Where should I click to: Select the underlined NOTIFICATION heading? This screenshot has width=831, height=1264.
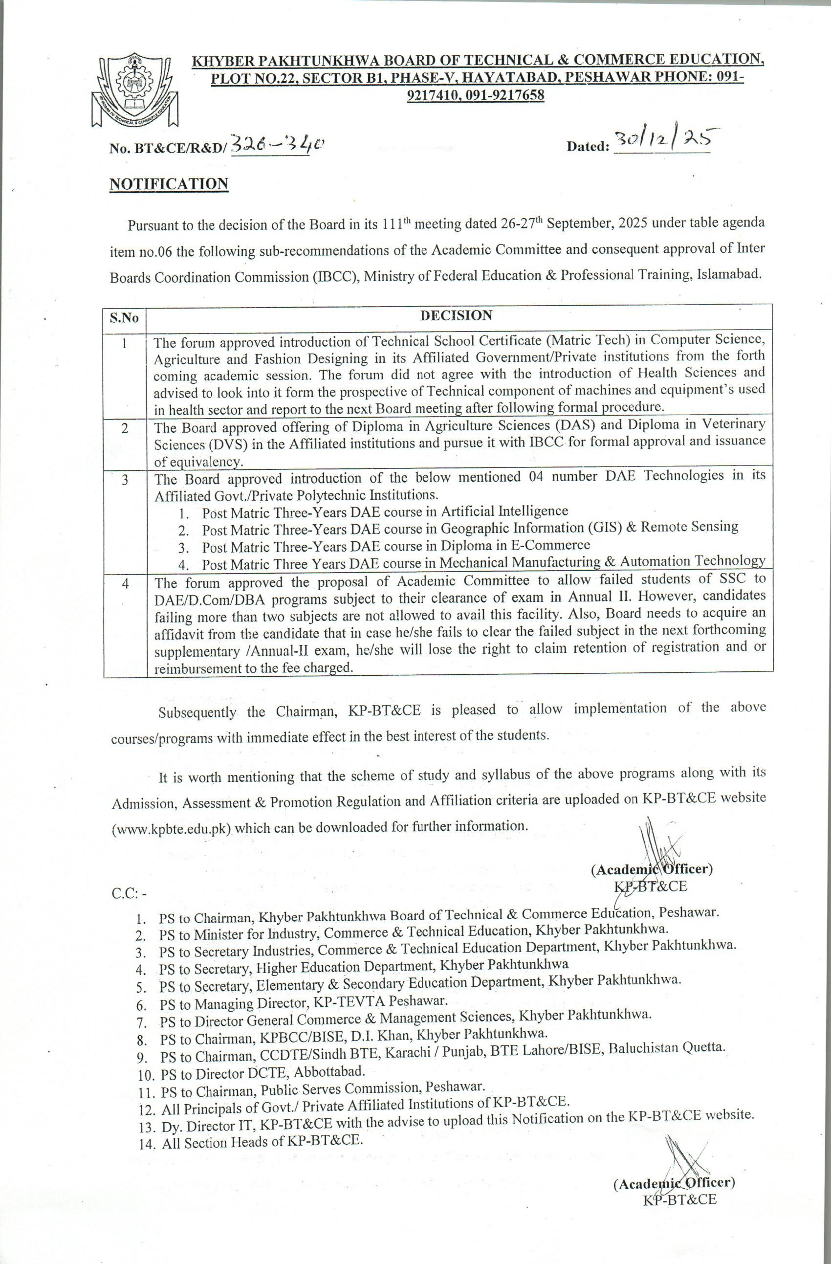coord(169,184)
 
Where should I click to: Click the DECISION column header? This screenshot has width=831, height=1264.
coord(456,315)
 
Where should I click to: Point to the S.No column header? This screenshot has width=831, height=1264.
coord(124,318)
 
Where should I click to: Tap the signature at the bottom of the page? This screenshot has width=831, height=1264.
coord(688,1167)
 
